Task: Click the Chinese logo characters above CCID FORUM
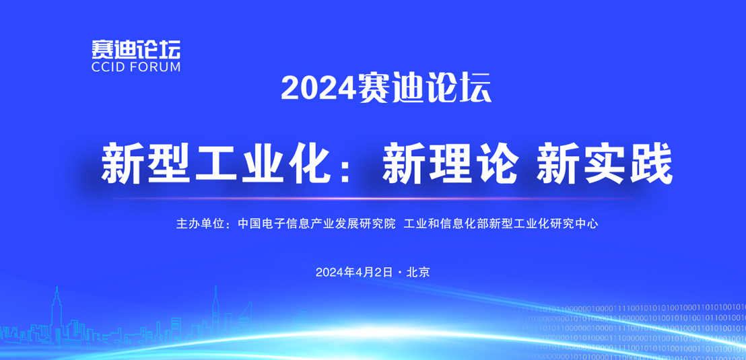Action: [136, 49]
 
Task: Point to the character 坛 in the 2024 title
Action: [475, 88]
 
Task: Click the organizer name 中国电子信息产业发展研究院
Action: [317, 223]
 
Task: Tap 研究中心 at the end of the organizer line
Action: [575, 223]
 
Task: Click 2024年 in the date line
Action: [333, 273]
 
